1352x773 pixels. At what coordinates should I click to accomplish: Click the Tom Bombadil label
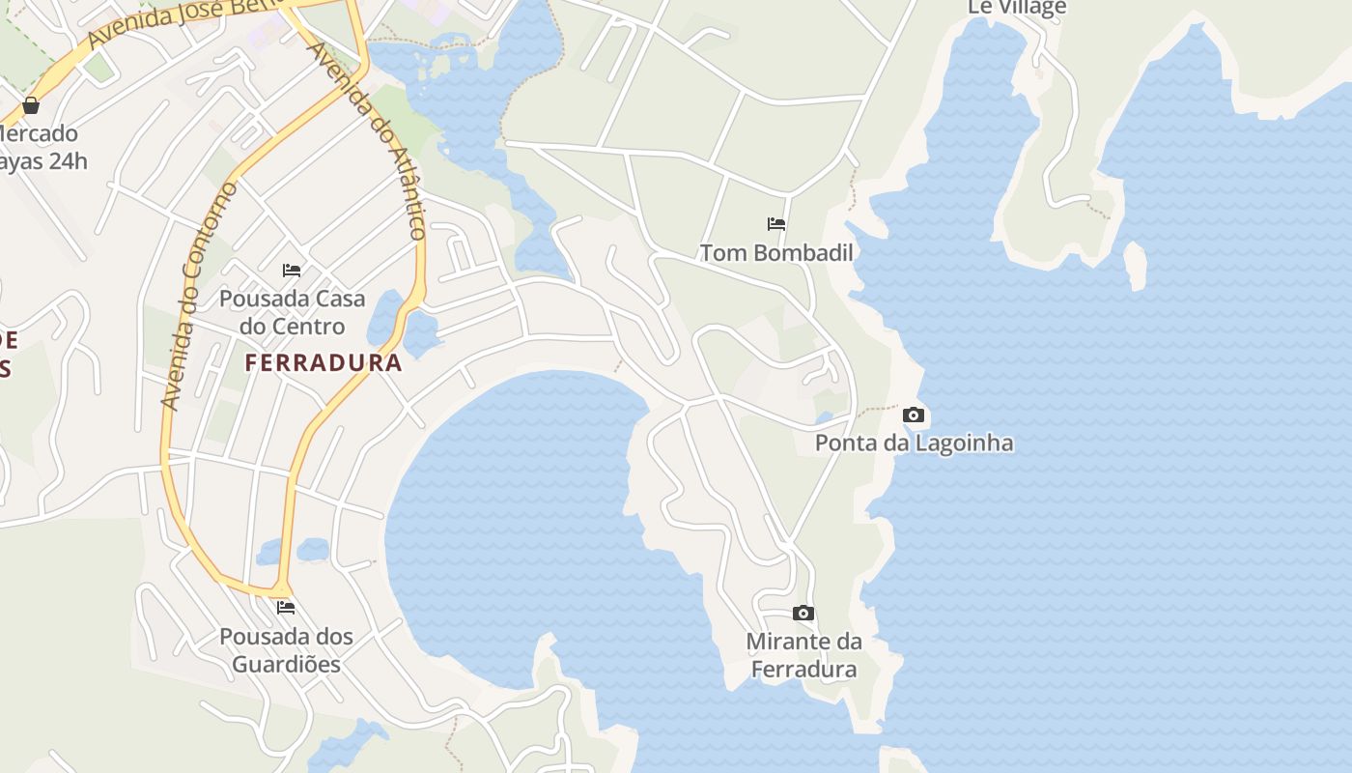[x=776, y=253]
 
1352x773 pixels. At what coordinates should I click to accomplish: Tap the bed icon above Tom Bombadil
[x=776, y=224]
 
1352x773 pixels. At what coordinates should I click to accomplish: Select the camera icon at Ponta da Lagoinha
[x=913, y=415]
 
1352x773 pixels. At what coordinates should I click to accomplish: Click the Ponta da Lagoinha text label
[x=914, y=444]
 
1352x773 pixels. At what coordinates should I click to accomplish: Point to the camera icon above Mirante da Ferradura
[x=803, y=614]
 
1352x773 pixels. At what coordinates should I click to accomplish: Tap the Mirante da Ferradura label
[x=803, y=655]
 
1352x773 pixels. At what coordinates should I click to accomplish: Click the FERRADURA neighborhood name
[x=323, y=363]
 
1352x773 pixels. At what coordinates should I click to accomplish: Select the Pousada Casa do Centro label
[x=292, y=312]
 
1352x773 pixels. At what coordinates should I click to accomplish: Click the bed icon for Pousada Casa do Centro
[x=292, y=271]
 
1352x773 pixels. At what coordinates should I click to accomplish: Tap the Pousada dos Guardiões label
[x=286, y=650]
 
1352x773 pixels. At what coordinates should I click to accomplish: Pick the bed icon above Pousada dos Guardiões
[x=286, y=608]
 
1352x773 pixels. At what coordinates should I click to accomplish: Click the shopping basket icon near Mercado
[x=31, y=104]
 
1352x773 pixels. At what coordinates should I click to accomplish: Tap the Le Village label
[x=1017, y=8]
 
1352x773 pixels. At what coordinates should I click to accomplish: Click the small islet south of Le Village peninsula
[x=1136, y=265]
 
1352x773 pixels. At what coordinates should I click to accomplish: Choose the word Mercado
[x=39, y=133]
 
